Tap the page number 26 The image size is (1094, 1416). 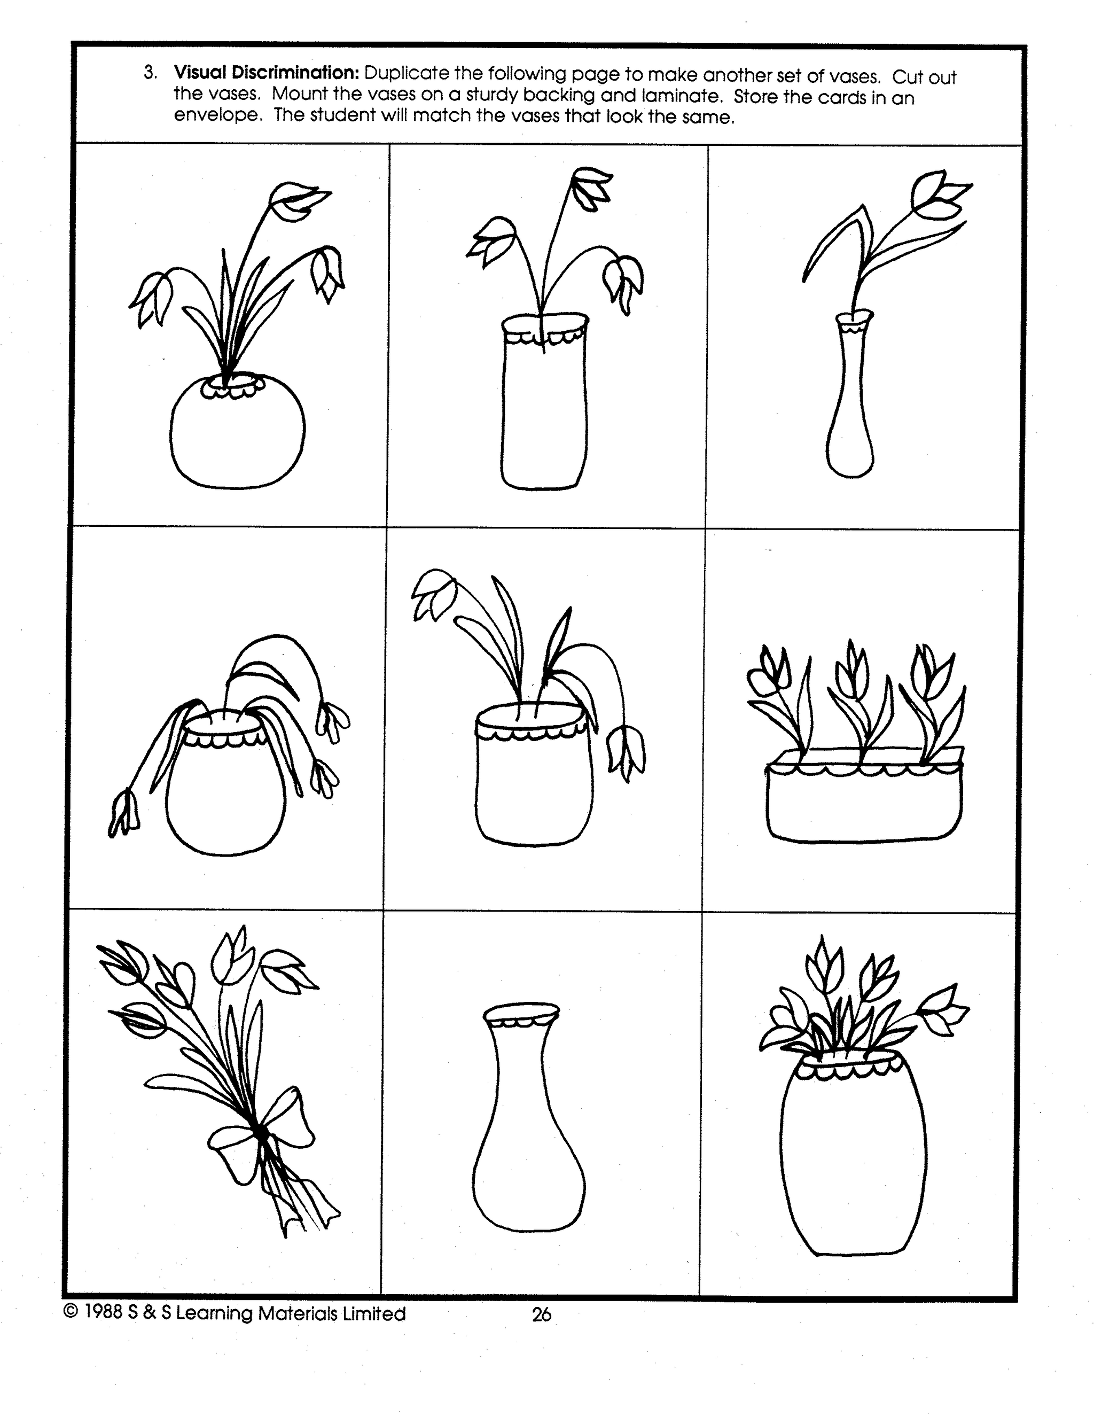(x=541, y=1314)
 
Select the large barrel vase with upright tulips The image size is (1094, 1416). (x=851, y=1161)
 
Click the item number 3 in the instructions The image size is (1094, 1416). (x=150, y=73)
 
